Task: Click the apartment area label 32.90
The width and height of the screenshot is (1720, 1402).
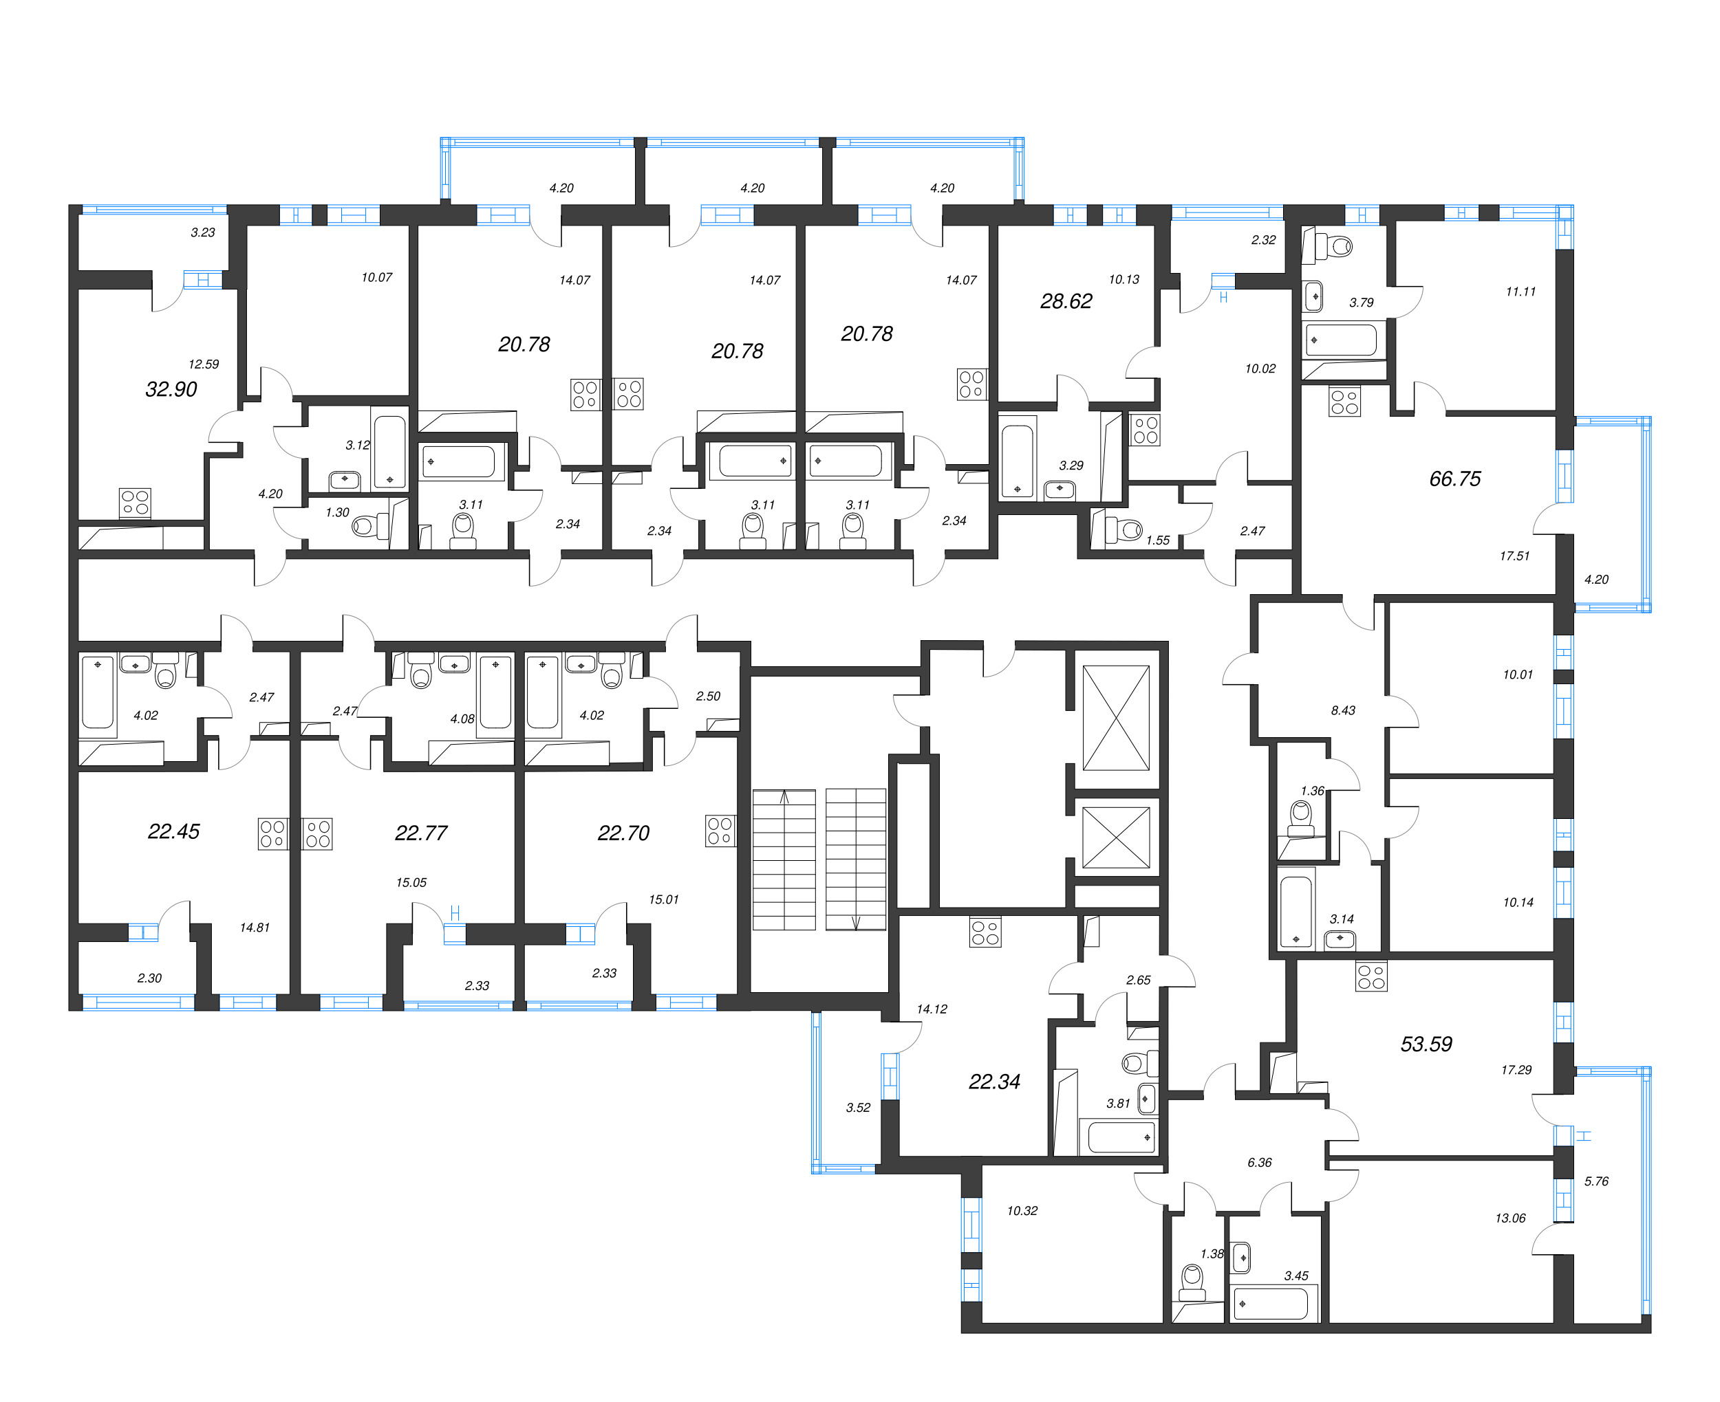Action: pos(171,389)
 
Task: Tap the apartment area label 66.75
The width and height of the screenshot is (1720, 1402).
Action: pos(1454,479)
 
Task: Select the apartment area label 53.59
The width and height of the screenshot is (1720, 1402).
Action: pos(1426,1044)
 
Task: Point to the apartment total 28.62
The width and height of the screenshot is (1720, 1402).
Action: pos(1066,301)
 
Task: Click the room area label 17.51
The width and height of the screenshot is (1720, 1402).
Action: pos(1514,556)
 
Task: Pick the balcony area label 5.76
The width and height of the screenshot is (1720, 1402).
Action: pos(1595,1181)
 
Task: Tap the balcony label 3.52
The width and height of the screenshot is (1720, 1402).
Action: pos(858,1107)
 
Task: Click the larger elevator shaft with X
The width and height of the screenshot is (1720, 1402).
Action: pos(1116,718)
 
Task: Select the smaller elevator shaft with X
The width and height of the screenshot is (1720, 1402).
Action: pos(1116,837)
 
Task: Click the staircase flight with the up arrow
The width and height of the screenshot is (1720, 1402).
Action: pos(784,859)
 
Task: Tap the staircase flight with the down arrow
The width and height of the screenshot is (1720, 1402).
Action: pos(856,859)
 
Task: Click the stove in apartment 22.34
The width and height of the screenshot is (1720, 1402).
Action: pos(985,933)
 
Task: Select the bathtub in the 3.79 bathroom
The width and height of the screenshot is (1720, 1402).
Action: pos(1340,340)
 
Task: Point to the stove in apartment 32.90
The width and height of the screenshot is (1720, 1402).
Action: pos(135,503)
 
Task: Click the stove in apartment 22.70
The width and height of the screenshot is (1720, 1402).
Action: pos(719,831)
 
